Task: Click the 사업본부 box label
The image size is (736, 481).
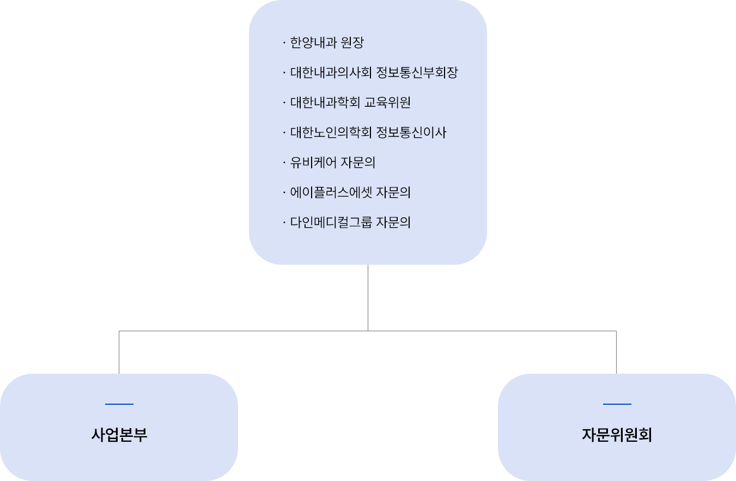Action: click(x=119, y=435)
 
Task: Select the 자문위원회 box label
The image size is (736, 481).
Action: click(x=617, y=435)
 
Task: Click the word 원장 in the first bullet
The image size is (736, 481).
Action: click(x=352, y=43)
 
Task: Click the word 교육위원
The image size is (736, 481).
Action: click(x=387, y=103)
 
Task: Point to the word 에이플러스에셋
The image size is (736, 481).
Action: click(x=331, y=193)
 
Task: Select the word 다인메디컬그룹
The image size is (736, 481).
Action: click(x=331, y=223)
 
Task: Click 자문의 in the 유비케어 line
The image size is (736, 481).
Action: click(x=358, y=163)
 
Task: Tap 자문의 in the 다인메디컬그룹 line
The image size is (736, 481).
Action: click(x=393, y=223)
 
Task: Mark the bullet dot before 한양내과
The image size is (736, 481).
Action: click(x=284, y=43)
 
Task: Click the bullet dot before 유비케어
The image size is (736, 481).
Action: click(x=284, y=163)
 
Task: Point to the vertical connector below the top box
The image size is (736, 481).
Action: click(x=368, y=297)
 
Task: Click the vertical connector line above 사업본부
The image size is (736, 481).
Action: click(x=119, y=352)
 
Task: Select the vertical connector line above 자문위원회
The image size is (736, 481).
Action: click(x=616, y=352)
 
